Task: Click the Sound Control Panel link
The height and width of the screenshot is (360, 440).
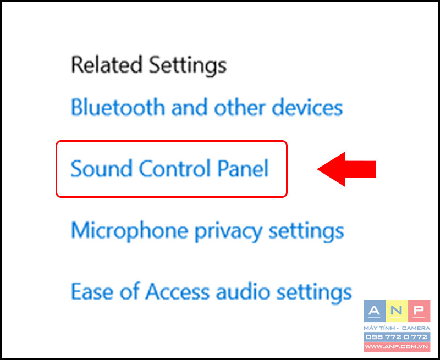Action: (169, 169)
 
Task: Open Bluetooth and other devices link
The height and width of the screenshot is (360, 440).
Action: (207, 107)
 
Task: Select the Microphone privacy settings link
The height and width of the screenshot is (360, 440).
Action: (207, 231)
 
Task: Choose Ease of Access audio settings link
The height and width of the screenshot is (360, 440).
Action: (211, 292)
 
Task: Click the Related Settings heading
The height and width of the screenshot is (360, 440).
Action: (148, 65)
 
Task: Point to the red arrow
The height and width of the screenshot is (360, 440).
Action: (346, 169)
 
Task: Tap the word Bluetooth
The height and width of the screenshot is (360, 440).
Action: (118, 107)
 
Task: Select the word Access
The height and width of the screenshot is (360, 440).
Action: (177, 291)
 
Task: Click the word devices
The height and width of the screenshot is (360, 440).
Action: (307, 107)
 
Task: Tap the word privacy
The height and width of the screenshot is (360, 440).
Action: (228, 232)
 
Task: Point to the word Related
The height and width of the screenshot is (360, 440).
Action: (106, 65)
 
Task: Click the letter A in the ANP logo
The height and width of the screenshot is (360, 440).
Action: (375, 311)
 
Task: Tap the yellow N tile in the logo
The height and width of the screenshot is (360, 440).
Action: (397, 311)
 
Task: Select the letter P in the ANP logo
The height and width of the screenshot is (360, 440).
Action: (419, 311)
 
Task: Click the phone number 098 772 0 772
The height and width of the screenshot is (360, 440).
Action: (397, 337)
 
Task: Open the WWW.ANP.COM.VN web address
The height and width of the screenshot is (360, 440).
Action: (397, 347)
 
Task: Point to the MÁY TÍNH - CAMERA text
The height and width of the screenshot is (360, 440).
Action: (397, 328)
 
